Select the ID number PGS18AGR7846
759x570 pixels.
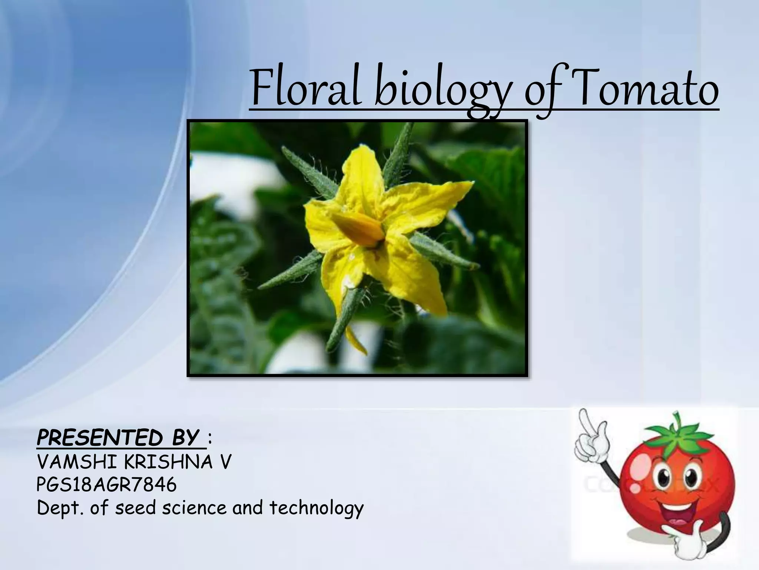pos(107,485)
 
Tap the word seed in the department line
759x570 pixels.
pos(135,508)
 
